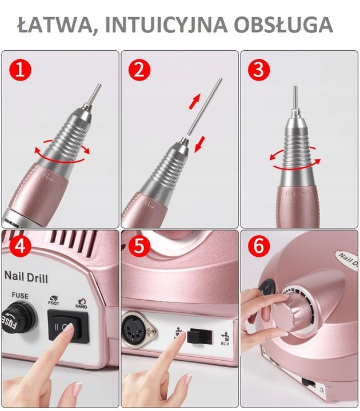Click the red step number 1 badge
(x=21, y=71)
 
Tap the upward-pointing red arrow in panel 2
(x=195, y=102)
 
